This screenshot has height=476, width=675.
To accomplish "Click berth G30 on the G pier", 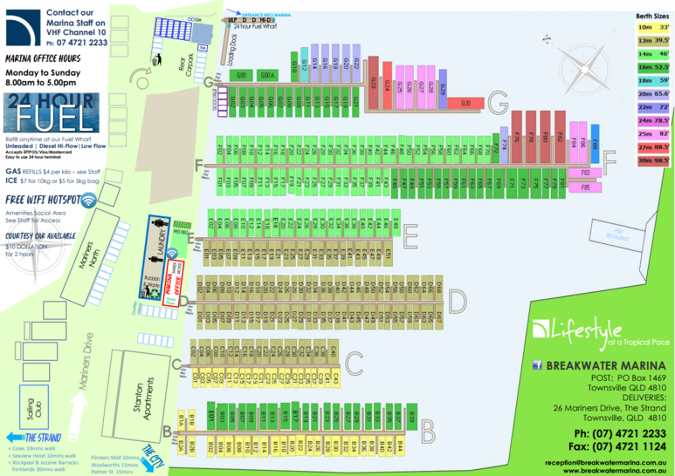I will pos(465,103).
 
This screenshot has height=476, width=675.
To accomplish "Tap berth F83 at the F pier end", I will pos(585,173).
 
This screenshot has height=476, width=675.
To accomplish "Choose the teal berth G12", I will pos(304,65).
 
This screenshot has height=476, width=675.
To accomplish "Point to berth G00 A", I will pos(267,75).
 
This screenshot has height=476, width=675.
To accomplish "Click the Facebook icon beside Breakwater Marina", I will pos(538,365).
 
